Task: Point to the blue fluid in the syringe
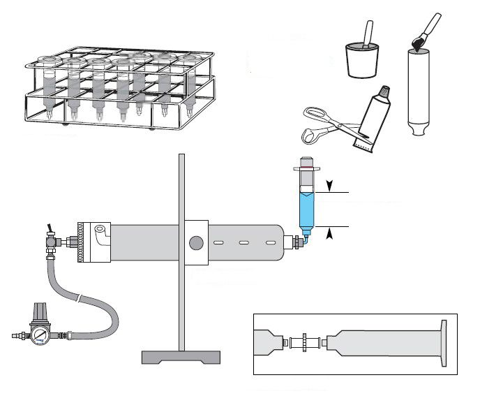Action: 306,210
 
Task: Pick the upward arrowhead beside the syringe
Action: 329,234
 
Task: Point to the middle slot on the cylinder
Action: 245,243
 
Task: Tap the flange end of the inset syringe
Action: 444,342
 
